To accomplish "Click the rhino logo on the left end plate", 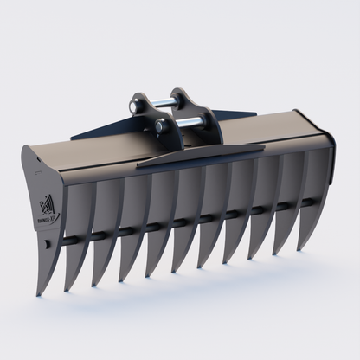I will click(x=48, y=206).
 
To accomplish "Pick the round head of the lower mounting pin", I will click(x=162, y=127).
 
